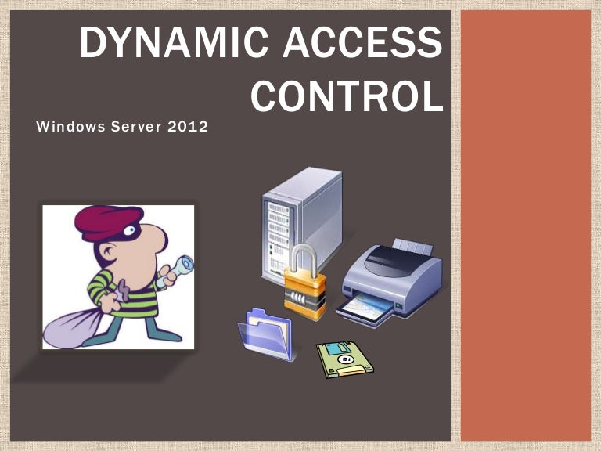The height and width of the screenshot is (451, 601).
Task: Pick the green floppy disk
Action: pos(344,359)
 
